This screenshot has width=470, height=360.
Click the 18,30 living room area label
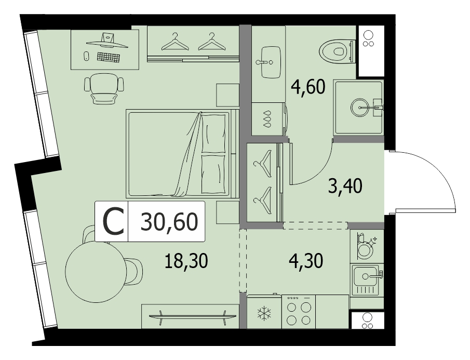point(186,261)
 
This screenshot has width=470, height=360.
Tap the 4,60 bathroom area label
point(308,87)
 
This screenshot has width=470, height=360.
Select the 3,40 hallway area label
point(345,186)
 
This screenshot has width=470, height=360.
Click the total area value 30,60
point(169,222)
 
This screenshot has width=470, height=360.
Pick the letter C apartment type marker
point(113,222)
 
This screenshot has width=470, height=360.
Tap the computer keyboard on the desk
point(109,57)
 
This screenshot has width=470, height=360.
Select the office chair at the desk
point(104,88)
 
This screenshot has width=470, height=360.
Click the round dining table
point(95,272)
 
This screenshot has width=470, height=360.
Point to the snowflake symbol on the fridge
point(264,313)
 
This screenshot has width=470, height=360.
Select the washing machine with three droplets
point(269,118)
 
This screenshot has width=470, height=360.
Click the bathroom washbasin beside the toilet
point(271,62)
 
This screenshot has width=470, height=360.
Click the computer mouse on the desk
point(86,56)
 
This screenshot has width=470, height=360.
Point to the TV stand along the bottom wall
point(191,316)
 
